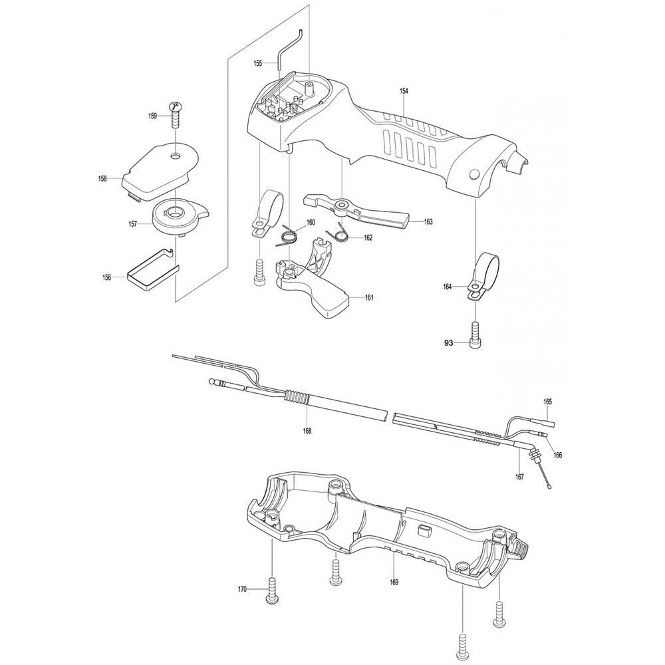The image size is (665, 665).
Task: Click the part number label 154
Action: tap(404, 91)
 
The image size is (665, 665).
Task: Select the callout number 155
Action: tap(258, 64)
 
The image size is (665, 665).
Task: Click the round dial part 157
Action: tap(173, 215)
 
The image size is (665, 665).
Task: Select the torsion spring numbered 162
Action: tap(339, 233)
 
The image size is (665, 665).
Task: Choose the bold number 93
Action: tap(449, 343)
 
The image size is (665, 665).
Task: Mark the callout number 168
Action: tap(307, 431)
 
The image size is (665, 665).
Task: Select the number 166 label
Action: tap(558, 455)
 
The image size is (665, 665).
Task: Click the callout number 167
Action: tap(519, 477)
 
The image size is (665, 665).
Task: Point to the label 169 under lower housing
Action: tap(394, 583)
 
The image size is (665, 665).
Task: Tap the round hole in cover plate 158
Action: tap(176, 157)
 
